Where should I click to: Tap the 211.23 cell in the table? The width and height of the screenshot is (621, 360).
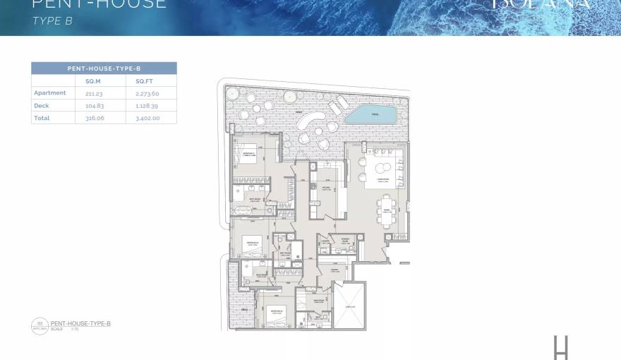85,93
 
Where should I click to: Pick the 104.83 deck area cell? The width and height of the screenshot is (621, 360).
85,106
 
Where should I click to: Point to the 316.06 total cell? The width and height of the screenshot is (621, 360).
85,118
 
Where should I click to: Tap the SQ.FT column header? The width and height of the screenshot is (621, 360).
144,81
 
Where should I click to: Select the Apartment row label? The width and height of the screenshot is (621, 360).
49,93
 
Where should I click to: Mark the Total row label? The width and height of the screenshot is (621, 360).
42,118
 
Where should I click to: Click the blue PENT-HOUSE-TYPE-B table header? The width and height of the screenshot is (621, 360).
104,68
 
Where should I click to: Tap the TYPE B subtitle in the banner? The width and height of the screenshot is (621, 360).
53,21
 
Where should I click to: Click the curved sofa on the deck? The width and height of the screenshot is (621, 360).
306,124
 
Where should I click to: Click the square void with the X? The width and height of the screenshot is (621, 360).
349,305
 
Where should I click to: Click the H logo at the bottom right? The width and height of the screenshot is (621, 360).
561,347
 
